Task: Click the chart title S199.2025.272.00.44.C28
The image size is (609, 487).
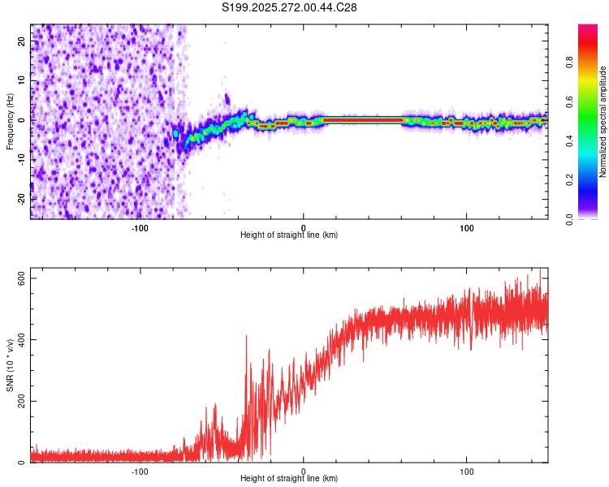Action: click(x=290, y=7)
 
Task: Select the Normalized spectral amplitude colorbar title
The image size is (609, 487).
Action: click(x=603, y=122)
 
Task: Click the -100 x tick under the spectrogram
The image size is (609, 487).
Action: click(x=140, y=227)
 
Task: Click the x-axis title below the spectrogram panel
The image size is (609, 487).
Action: click(x=289, y=235)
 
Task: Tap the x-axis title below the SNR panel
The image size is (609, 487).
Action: click(x=289, y=479)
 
